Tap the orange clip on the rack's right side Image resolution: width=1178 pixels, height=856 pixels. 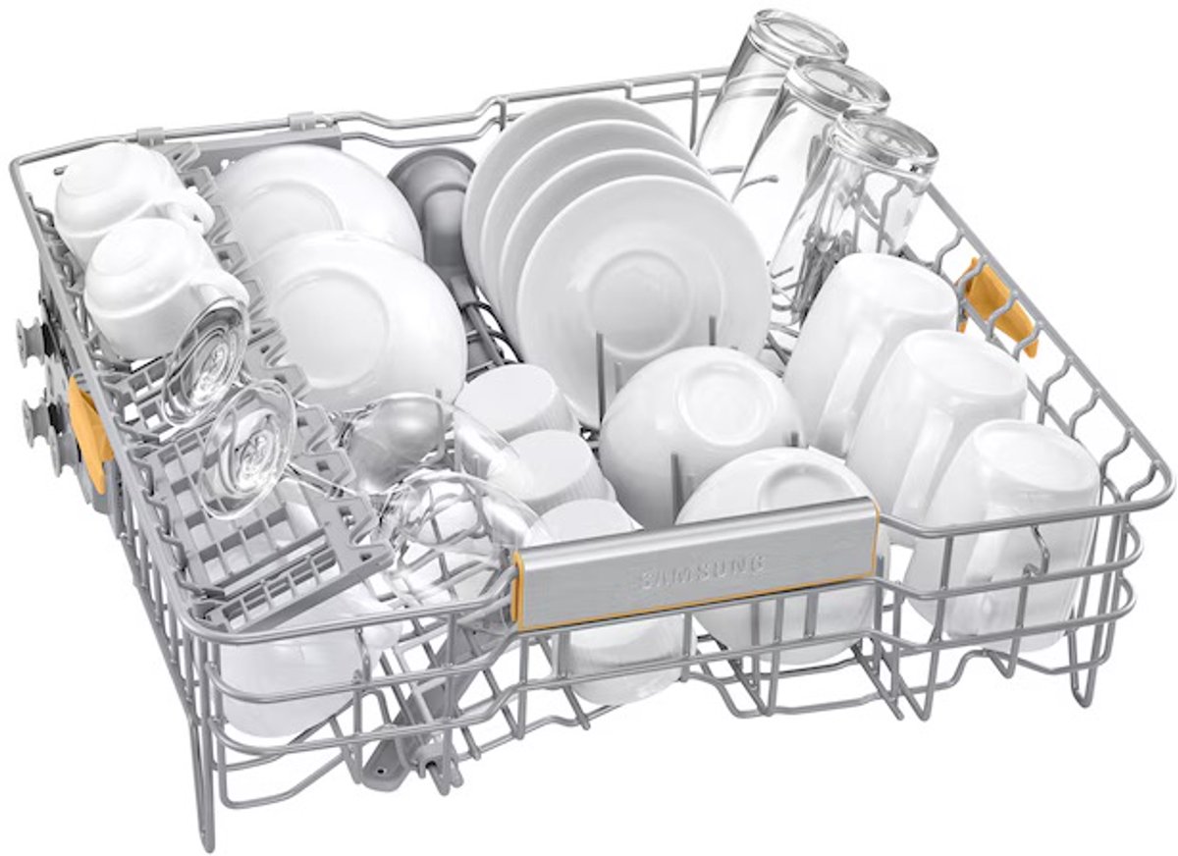[x=995, y=304]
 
